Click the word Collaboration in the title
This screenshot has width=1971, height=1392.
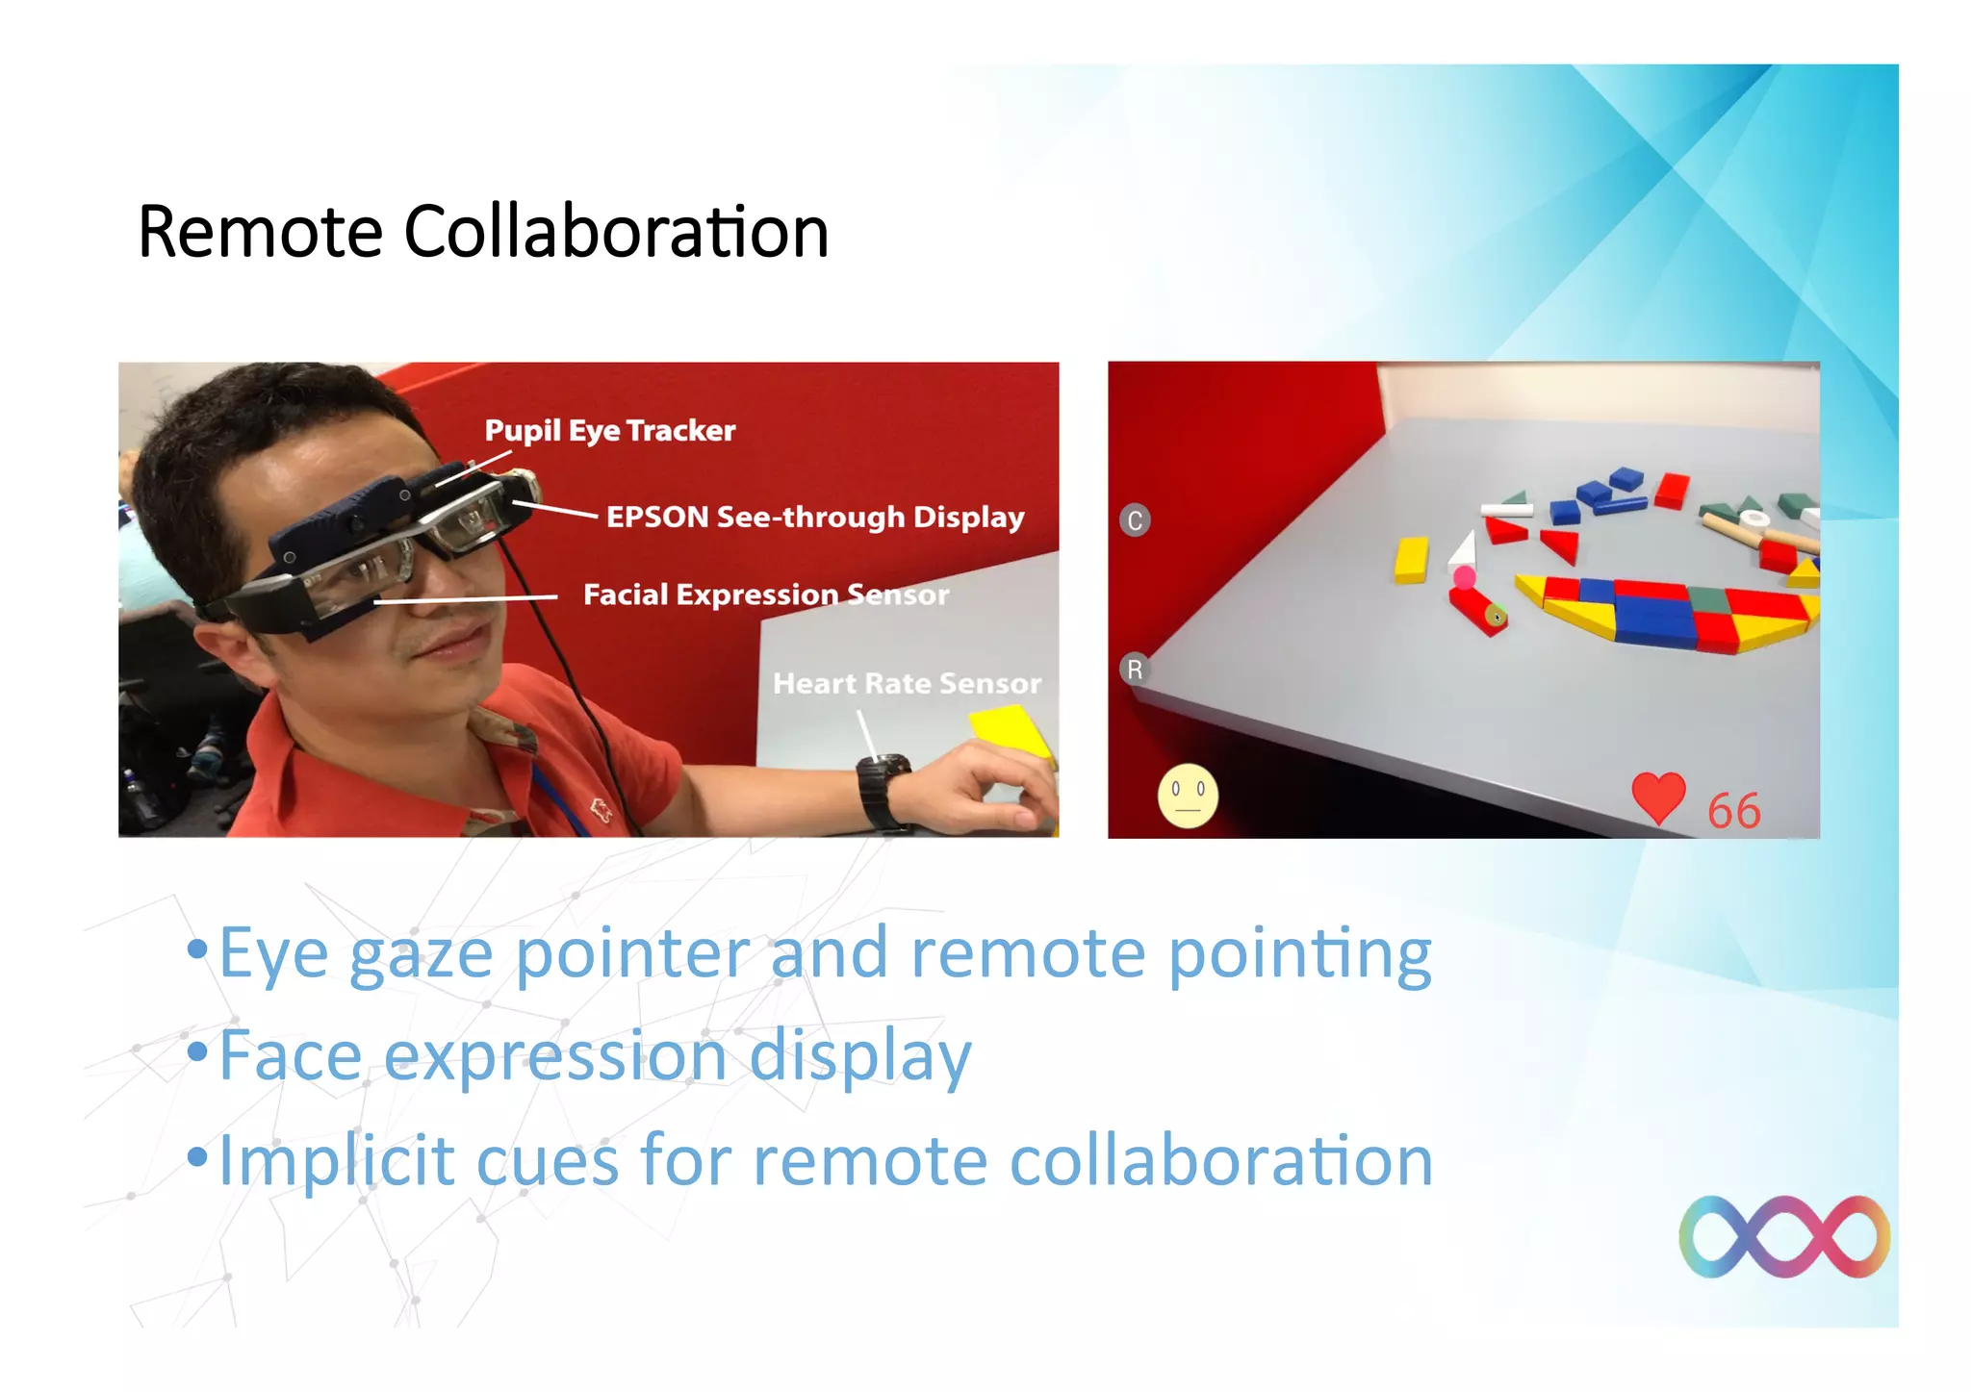(616, 232)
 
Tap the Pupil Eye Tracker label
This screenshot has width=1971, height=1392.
(609, 430)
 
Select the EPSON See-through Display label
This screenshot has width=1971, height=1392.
(814, 517)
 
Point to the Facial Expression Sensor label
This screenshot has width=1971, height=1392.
(765, 595)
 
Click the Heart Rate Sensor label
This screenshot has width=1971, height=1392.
(907, 683)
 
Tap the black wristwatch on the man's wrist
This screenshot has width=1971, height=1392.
(883, 791)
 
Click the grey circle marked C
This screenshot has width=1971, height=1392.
(1135, 520)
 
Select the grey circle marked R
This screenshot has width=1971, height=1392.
(1135, 669)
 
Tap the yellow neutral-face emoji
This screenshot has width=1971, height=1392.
(1188, 796)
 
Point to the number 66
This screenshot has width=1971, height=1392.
(1733, 811)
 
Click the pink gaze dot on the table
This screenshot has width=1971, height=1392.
(1464, 577)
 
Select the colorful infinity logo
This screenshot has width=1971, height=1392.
(1783, 1236)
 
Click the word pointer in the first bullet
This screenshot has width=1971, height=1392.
(632, 953)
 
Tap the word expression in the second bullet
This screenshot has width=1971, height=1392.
(555, 1055)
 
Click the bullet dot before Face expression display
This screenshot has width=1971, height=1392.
(197, 1052)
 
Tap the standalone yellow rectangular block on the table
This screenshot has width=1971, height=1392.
(1412, 560)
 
